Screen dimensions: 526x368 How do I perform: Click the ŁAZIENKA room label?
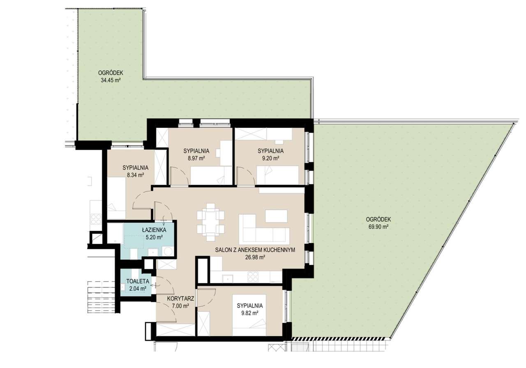click(x=154, y=230)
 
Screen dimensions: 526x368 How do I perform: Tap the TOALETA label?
click(x=138, y=281)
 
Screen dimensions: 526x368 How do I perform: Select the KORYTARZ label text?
click(x=180, y=299)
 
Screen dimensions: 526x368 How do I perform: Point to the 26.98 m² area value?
click(x=255, y=257)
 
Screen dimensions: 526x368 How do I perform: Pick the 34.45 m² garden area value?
click(x=111, y=80)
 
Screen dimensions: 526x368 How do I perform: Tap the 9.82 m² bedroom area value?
click(x=249, y=313)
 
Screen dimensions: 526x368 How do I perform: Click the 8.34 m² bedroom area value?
click(x=135, y=175)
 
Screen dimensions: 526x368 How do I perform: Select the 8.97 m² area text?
click(x=196, y=158)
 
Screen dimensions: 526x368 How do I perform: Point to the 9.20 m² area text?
click(x=270, y=158)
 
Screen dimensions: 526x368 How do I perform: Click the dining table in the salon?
click(x=211, y=222)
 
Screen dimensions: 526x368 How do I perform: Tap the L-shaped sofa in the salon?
click(x=264, y=229)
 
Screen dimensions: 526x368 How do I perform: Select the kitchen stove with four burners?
click(x=253, y=277)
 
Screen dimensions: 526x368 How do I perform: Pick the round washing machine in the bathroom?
click(x=168, y=251)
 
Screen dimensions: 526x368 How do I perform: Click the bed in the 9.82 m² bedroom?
click(x=249, y=315)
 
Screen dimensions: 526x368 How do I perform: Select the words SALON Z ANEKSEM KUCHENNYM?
click(x=255, y=250)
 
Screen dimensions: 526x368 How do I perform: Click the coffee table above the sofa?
click(x=277, y=216)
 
